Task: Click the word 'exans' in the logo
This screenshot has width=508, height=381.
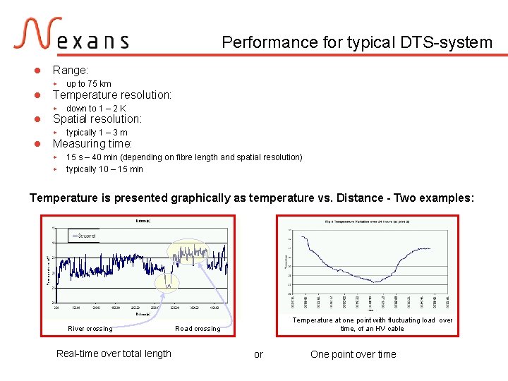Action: point(92,42)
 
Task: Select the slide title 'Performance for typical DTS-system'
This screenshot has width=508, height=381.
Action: point(357,42)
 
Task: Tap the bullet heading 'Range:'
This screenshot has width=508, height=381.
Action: point(71,71)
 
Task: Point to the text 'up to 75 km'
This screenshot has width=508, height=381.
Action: point(88,84)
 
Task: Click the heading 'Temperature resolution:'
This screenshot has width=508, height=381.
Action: point(112,95)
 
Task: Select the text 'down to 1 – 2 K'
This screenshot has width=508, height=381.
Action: point(96,109)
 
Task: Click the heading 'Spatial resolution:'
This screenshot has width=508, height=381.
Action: point(97,119)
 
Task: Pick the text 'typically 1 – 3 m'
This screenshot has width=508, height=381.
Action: point(97,133)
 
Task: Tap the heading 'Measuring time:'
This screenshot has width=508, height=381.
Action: point(92,144)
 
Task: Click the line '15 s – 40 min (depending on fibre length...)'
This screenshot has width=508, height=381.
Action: point(184,157)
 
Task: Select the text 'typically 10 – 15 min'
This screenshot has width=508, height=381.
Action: point(104,169)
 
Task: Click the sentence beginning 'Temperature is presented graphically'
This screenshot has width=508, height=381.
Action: point(252,198)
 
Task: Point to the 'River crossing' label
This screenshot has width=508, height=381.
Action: point(90,329)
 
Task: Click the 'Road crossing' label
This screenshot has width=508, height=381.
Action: point(198,329)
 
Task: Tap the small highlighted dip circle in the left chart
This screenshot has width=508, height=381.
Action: point(168,282)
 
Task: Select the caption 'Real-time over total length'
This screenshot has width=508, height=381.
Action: point(114,354)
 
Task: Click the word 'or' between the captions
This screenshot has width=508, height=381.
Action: point(258,354)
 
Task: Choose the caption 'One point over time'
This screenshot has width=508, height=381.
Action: point(353,354)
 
